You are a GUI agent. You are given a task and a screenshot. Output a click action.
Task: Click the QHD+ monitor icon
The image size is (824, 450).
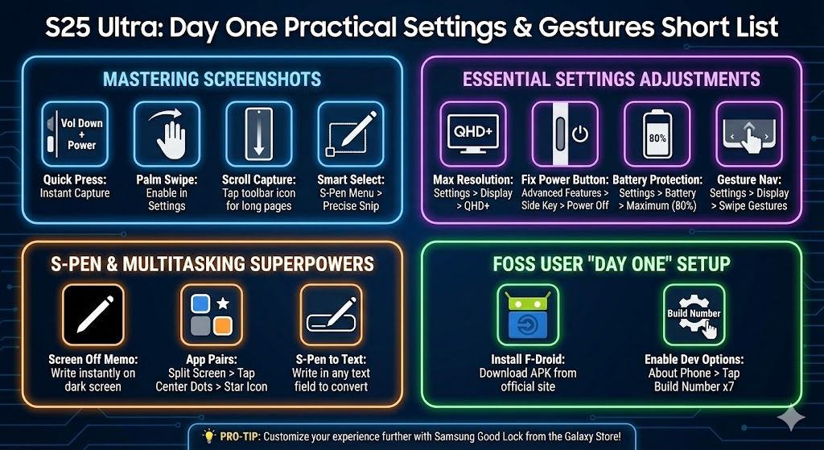click(x=473, y=134)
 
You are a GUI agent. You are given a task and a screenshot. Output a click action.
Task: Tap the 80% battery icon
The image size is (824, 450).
click(x=657, y=134)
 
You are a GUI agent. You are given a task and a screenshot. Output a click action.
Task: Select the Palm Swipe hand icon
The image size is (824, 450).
click(x=167, y=134)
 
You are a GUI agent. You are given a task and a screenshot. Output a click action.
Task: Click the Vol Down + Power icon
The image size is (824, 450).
click(x=75, y=134)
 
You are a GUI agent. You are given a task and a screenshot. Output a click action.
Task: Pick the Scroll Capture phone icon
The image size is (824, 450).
click(x=258, y=134)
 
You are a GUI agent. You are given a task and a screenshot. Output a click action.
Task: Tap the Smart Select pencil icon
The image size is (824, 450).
click(x=351, y=134)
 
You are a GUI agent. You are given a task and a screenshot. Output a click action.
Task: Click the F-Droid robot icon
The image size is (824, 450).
click(x=528, y=315)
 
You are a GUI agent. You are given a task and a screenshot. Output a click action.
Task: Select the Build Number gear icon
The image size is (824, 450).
click(x=694, y=315)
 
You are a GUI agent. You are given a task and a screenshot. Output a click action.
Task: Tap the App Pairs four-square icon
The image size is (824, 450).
click(x=212, y=315)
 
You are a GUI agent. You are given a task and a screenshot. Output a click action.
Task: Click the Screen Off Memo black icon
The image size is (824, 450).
click(x=93, y=315)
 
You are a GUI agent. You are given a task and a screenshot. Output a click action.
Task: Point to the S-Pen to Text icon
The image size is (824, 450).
click(x=331, y=315)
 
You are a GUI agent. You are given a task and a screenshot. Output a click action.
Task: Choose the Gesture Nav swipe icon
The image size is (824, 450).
click(x=749, y=134)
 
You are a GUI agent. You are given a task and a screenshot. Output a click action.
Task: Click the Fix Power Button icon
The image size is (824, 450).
click(x=565, y=134)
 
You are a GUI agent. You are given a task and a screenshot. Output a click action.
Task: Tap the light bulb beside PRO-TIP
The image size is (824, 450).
click(x=209, y=436)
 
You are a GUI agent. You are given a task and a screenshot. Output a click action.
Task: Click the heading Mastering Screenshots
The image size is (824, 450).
click(x=212, y=79)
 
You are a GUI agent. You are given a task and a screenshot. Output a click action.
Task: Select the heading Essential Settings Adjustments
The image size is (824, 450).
click(x=612, y=79)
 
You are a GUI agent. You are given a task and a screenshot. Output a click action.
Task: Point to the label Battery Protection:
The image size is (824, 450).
click(x=657, y=180)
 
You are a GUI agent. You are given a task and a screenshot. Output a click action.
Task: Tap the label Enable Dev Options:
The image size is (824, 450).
click(x=694, y=360)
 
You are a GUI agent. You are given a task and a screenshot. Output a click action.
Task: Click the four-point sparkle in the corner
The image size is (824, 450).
click(x=791, y=417)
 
